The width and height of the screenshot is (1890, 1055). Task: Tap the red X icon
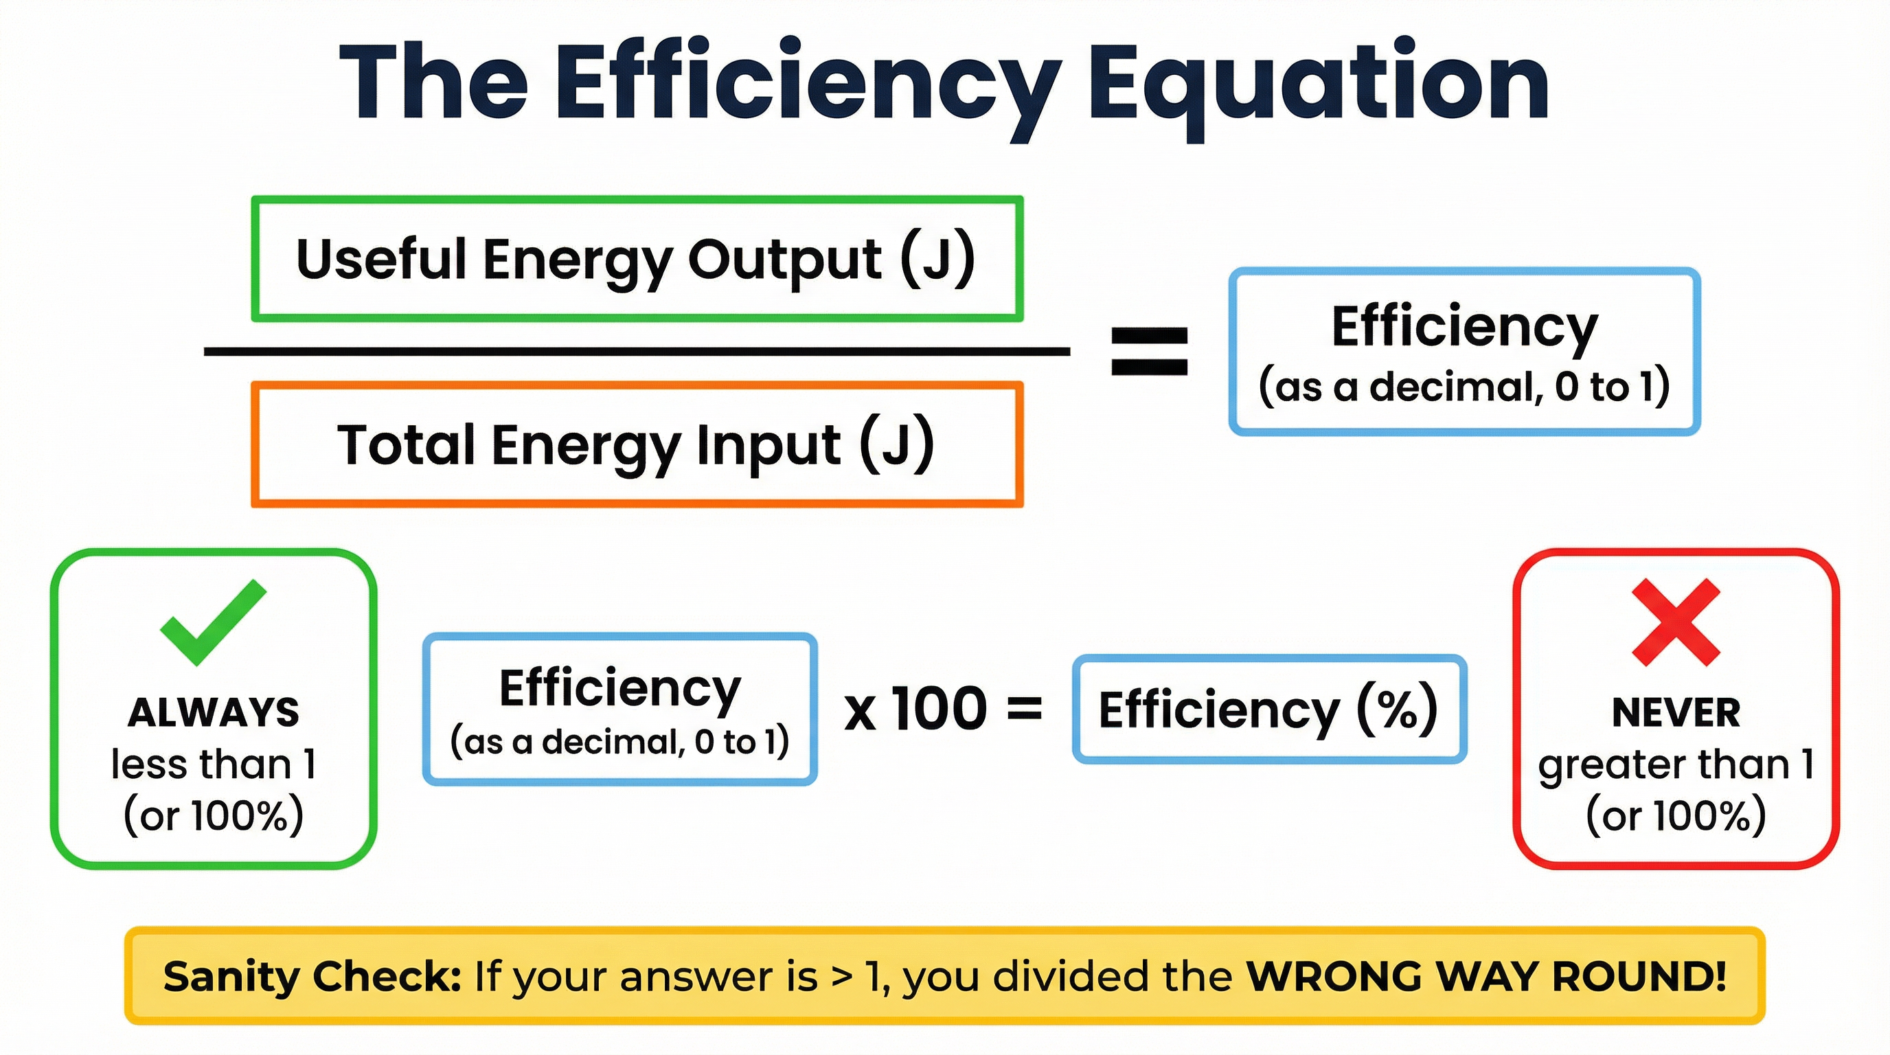point(1676,622)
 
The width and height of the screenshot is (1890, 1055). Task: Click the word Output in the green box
point(784,260)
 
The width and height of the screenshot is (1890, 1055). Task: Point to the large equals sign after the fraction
point(1149,352)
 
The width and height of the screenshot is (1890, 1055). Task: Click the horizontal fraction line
point(637,352)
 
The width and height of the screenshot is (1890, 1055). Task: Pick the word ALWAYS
point(214,712)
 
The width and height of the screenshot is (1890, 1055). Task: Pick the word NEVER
point(1676,712)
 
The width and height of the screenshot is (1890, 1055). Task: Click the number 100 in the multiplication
point(939,709)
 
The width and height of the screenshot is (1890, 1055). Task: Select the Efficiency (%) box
point(1268,710)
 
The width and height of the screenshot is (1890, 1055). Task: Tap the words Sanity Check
point(312,977)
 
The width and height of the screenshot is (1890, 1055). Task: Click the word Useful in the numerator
point(380,260)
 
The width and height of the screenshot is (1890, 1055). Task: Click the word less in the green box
point(149,764)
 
